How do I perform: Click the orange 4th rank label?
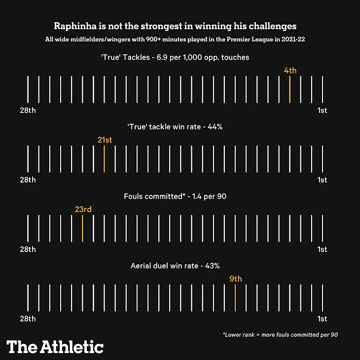(290, 71)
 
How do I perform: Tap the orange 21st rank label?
(105, 140)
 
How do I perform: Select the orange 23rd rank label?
(83, 210)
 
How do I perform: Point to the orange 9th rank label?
(236, 279)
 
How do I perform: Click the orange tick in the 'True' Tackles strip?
(290, 89)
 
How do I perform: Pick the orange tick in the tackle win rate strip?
(105, 159)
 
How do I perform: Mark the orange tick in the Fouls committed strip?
(82, 228)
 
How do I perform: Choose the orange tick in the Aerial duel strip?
(235, 298)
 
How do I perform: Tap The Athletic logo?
(55, 347)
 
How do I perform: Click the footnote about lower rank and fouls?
(280, 335)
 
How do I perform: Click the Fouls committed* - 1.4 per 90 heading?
(175, 196)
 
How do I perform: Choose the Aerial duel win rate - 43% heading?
(175, 266)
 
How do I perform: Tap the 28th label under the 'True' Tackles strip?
(28, 110)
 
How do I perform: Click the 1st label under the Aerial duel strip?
(322, 319)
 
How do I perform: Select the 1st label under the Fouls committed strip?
(322, 249)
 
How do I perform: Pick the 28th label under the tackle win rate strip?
(28, 180)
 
